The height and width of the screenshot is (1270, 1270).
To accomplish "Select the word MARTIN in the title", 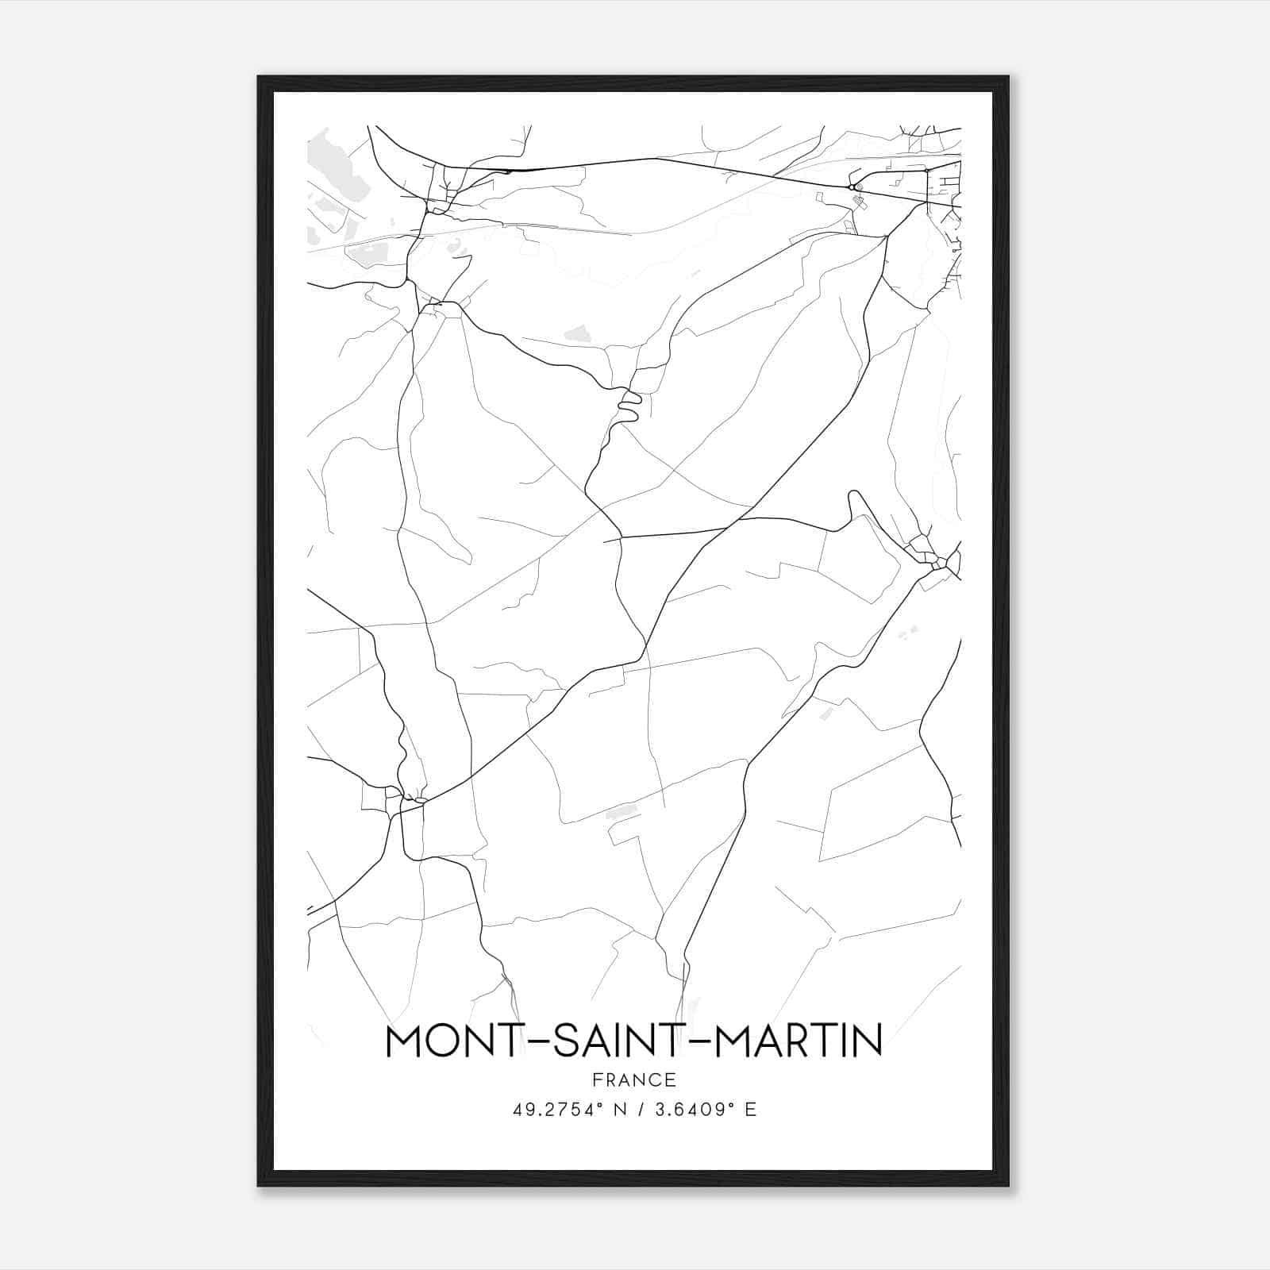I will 799,1041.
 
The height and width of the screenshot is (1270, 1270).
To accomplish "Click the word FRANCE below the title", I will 634,1079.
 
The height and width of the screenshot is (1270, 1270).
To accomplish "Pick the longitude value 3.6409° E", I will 703,1110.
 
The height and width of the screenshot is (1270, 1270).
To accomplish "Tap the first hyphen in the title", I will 527,1043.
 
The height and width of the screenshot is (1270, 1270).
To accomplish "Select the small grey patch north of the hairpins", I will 578,333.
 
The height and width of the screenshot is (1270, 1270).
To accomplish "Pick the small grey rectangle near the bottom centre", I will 622,811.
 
